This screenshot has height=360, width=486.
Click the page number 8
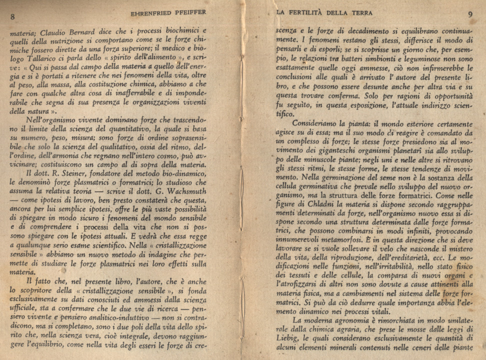click(x=12, y=15)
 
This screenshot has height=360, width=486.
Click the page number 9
click(x=470, y=14)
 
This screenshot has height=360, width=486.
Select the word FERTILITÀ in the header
click(x=320, y=12)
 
